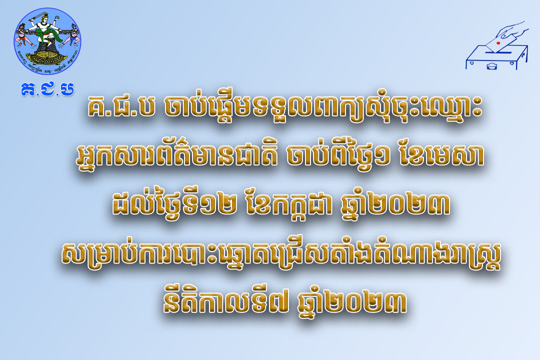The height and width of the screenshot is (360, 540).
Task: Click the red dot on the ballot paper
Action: click(x=498, y=43)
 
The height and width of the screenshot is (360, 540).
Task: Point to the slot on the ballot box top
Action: click(x=500, y=50)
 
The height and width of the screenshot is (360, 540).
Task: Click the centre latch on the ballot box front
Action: click(x=491, y=65)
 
